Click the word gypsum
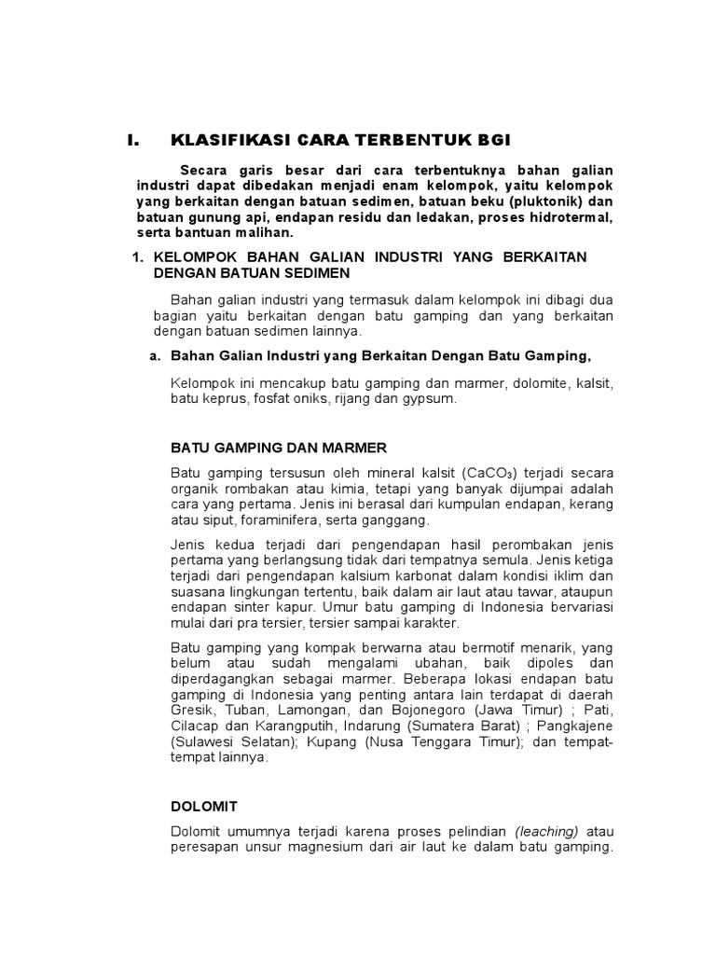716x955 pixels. pos(426,398)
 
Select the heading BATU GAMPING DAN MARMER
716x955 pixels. pos(279,448)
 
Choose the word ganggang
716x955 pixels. pos(398,519)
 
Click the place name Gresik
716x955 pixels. pos(192,708)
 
